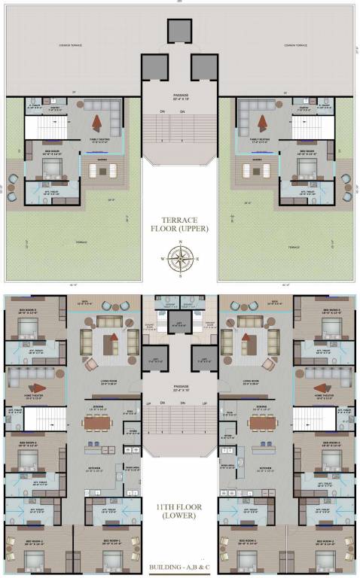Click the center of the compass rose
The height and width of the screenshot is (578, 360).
[180, 260]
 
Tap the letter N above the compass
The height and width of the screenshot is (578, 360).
[180, 244]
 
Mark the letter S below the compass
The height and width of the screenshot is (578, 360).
[180, 276]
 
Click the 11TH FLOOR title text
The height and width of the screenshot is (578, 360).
[180, 506]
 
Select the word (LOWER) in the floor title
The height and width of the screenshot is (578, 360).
[180, 516]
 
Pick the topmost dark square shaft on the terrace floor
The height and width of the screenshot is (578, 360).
[180, 31]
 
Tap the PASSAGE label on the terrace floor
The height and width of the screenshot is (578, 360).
[180, 95]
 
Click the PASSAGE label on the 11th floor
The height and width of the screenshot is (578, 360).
[180, 388]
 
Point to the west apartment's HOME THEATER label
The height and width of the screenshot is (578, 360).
[36, 394]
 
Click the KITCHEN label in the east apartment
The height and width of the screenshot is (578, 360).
[265, 467]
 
